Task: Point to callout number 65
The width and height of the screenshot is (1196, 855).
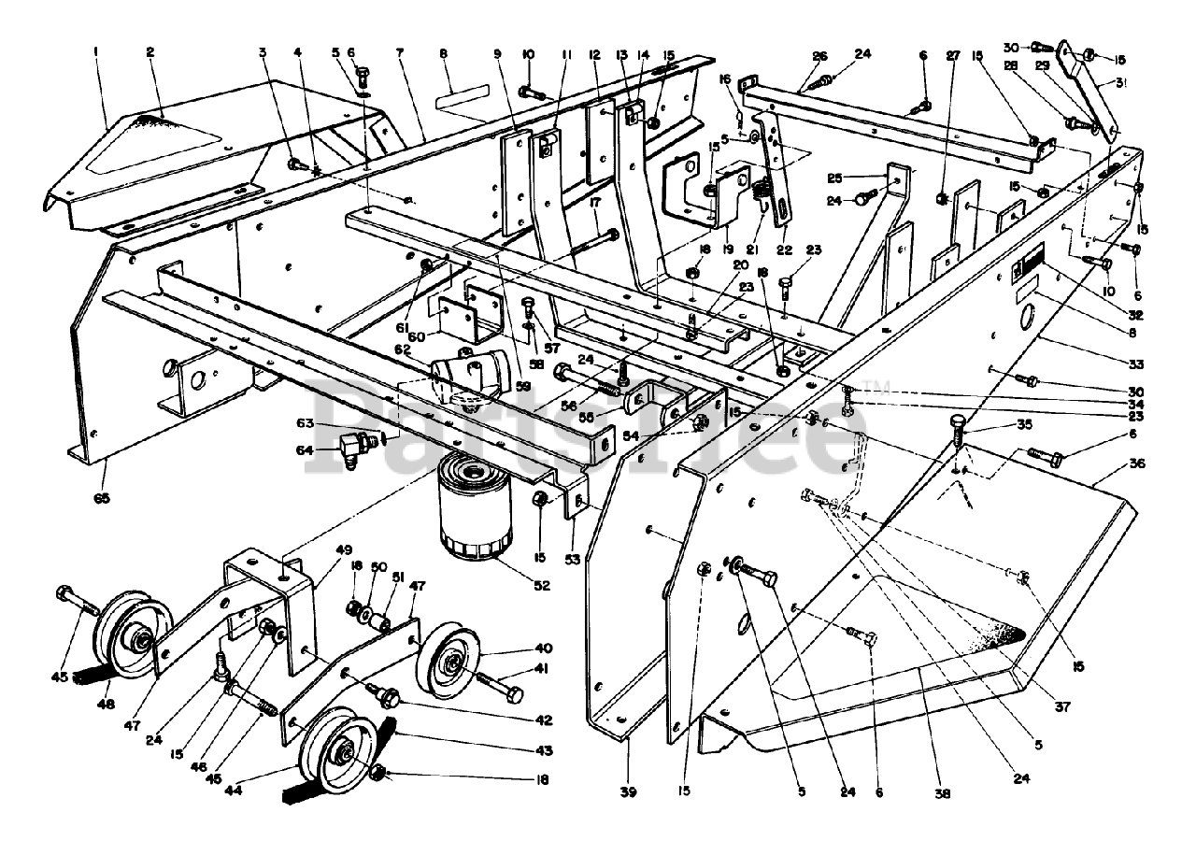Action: click(101, 498)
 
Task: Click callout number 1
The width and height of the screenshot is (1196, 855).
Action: click(95, 52)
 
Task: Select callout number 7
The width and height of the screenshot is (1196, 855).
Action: click(399, 52)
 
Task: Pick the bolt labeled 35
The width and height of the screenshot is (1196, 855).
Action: click(959, 433)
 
